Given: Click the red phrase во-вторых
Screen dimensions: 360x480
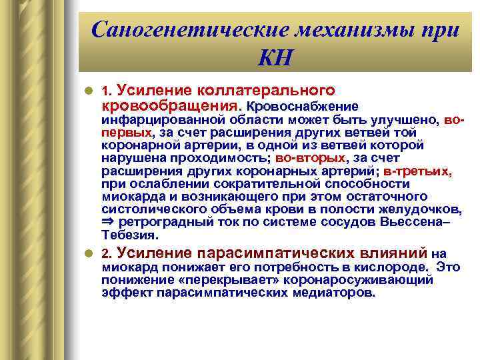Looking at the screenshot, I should coord(310,158).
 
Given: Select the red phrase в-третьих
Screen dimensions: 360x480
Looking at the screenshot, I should coord(417,171).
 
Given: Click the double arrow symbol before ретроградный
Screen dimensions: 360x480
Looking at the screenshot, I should coord(107,221).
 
